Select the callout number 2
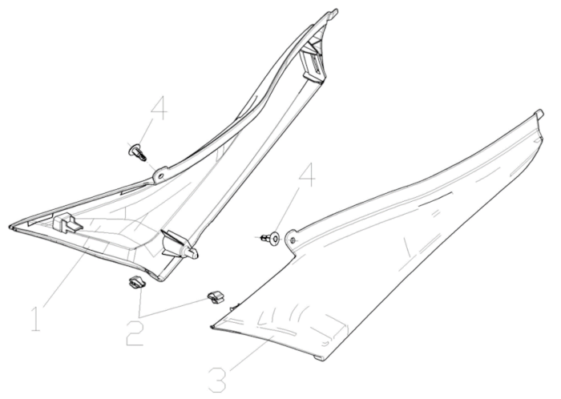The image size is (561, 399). [x=135, y=333]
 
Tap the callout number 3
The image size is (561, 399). [x=218, y=379]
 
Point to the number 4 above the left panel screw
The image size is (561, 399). [x=159, y=109]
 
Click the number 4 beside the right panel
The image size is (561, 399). [x=307, y=174]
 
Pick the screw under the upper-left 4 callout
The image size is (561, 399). [x=137, y=151]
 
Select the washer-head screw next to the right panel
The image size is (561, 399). [x=272, y=237]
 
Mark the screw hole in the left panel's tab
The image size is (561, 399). [x=160, y=175]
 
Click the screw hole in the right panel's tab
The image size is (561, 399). [x=293, y=240]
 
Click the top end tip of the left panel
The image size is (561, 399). [x=335, y=11]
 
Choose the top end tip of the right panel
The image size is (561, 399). [x=540, y=112]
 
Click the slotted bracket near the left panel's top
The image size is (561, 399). [x=313, y=64]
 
